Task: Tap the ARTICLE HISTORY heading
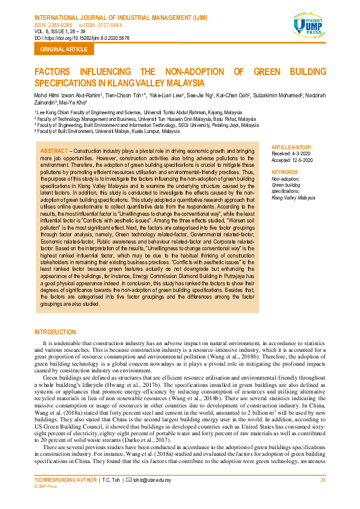(292, 147)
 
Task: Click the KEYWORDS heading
(285, 172)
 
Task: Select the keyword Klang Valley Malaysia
(293, 198)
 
